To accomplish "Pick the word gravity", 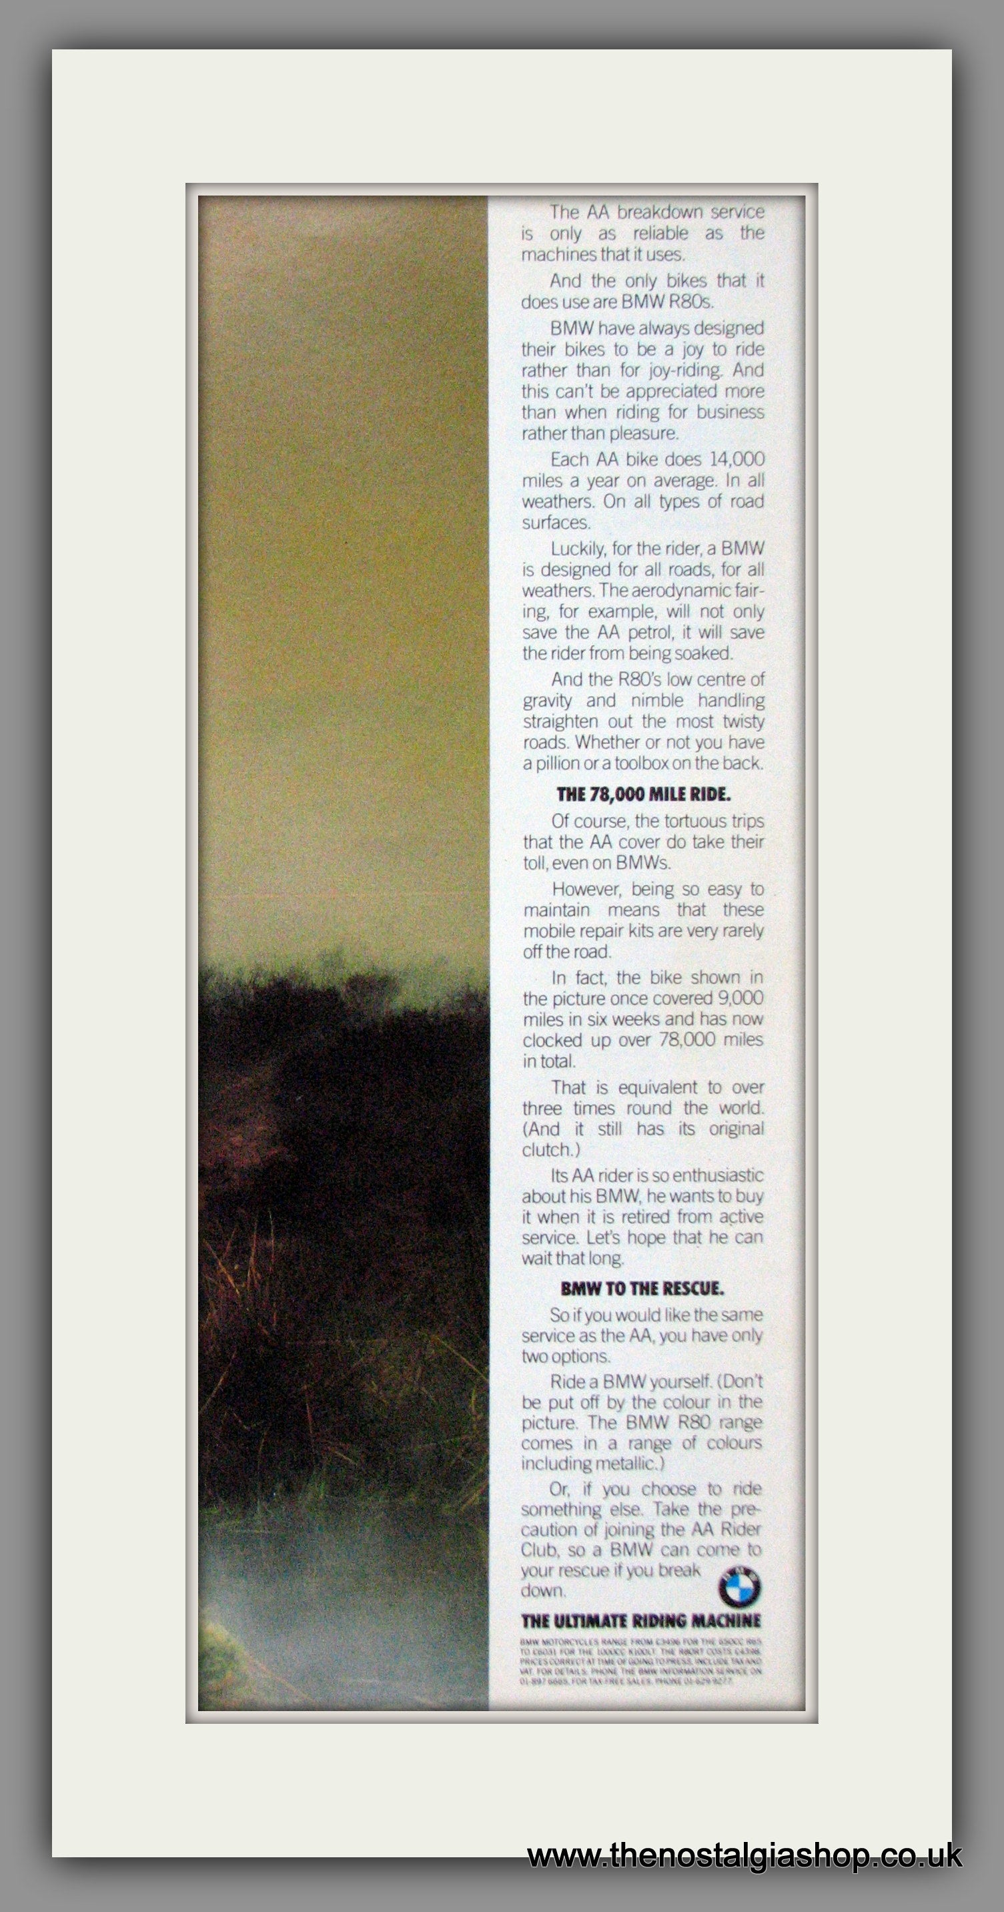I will [x=547, y=701].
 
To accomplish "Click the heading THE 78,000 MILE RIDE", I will [x=643, y=794].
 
